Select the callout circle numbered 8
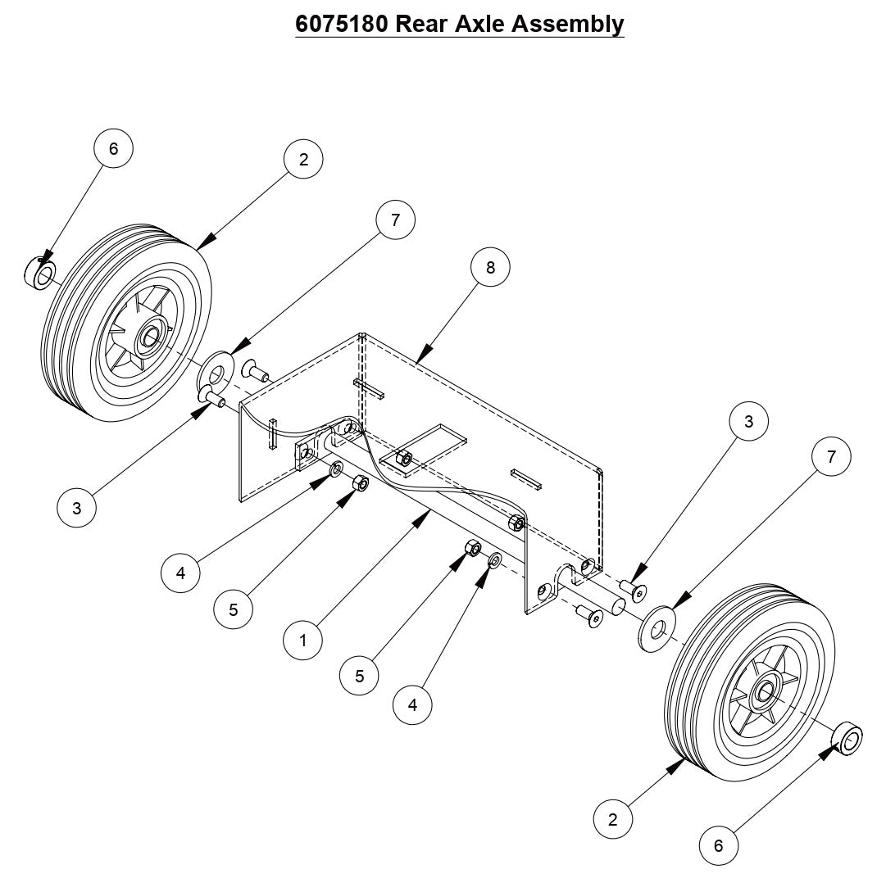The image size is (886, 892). pos(490,267)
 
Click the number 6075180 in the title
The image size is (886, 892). pos(341,24)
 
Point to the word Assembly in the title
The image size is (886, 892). pos(567,24)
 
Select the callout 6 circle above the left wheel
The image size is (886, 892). pos(113,148)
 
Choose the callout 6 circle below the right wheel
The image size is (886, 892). pos(719,845)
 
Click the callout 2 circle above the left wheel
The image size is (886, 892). pos(303,160)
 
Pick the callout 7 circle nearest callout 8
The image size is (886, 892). pos(395,220)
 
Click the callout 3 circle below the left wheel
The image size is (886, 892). pos(77,508)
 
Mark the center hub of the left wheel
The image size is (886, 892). pos(150,336)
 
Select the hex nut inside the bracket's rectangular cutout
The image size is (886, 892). pos(402,457)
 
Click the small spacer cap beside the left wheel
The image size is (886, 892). pos(39,272)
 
